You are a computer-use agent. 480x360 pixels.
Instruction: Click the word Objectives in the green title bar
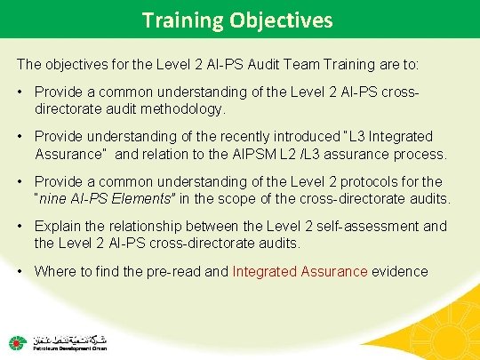[x=284, y=20]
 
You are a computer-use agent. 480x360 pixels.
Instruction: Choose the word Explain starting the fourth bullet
[x=59, y=226]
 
